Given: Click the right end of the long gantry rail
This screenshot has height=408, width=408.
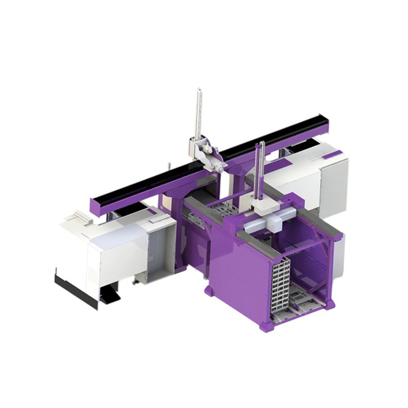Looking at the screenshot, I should (329, 122).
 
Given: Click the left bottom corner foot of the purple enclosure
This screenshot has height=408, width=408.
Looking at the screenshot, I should (209, 291).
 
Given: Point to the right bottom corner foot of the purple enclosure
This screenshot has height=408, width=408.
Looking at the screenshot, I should (331, 304).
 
